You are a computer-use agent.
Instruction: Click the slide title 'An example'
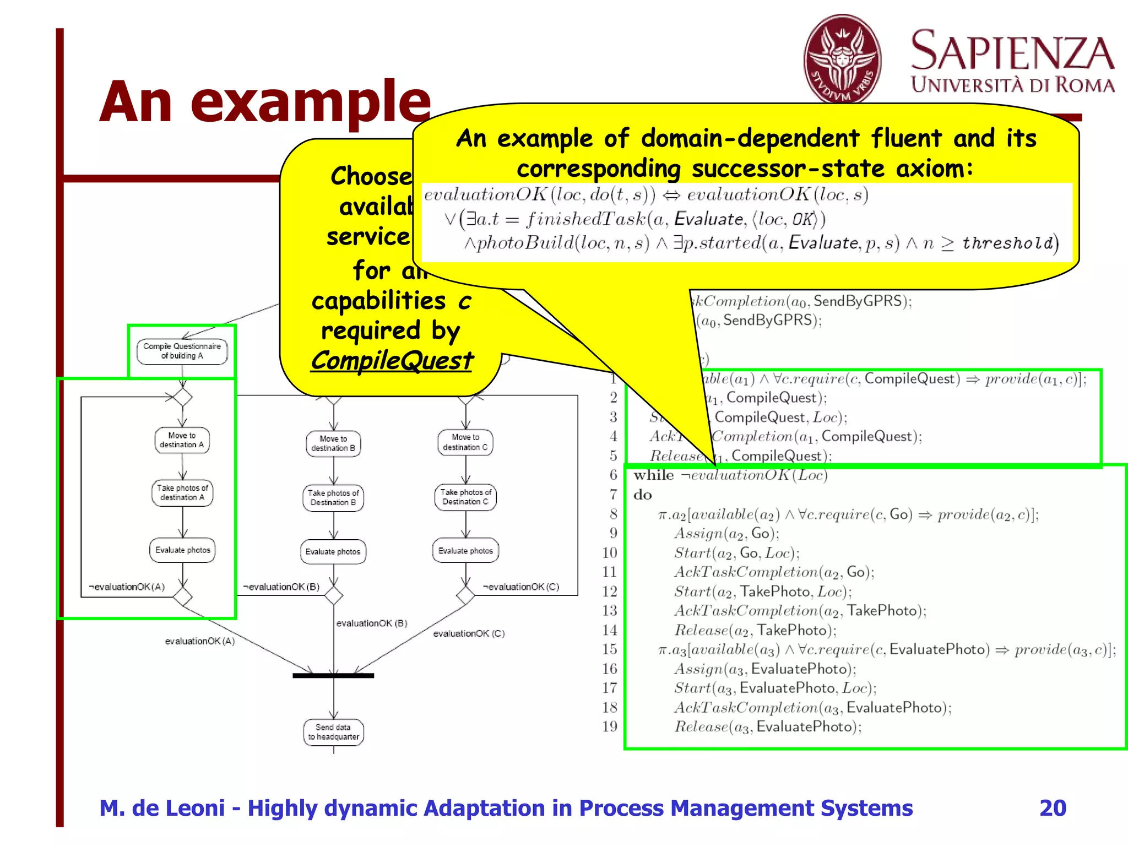coord(265,102)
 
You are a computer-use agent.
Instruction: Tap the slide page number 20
coord(1053,808)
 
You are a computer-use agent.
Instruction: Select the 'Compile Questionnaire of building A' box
coord(182,351)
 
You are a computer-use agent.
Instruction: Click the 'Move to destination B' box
coord(333,443)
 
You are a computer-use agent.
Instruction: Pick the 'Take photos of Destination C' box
coord(465,497)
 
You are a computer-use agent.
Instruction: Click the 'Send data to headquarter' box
coord(333,732)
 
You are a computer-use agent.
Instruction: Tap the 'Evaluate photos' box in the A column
coord(182,550)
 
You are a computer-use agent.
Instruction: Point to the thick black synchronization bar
coord(333,675)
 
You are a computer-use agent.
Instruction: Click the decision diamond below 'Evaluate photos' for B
coord(333,595)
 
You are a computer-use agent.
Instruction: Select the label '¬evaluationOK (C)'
coord(521,587)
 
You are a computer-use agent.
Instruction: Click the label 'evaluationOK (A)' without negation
coord(200,641)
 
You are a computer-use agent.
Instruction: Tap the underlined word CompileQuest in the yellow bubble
coord(392,361)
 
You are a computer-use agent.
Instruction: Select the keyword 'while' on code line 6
coord(653,475)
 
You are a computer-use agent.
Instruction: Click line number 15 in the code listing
coord(609,649)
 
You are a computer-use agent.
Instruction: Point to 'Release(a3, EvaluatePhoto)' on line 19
coord(768,727)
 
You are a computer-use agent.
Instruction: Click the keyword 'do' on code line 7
coord(642,495)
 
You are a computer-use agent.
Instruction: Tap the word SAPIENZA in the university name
coord(1012,51)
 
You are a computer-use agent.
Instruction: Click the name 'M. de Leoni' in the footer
coord(162,808)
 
